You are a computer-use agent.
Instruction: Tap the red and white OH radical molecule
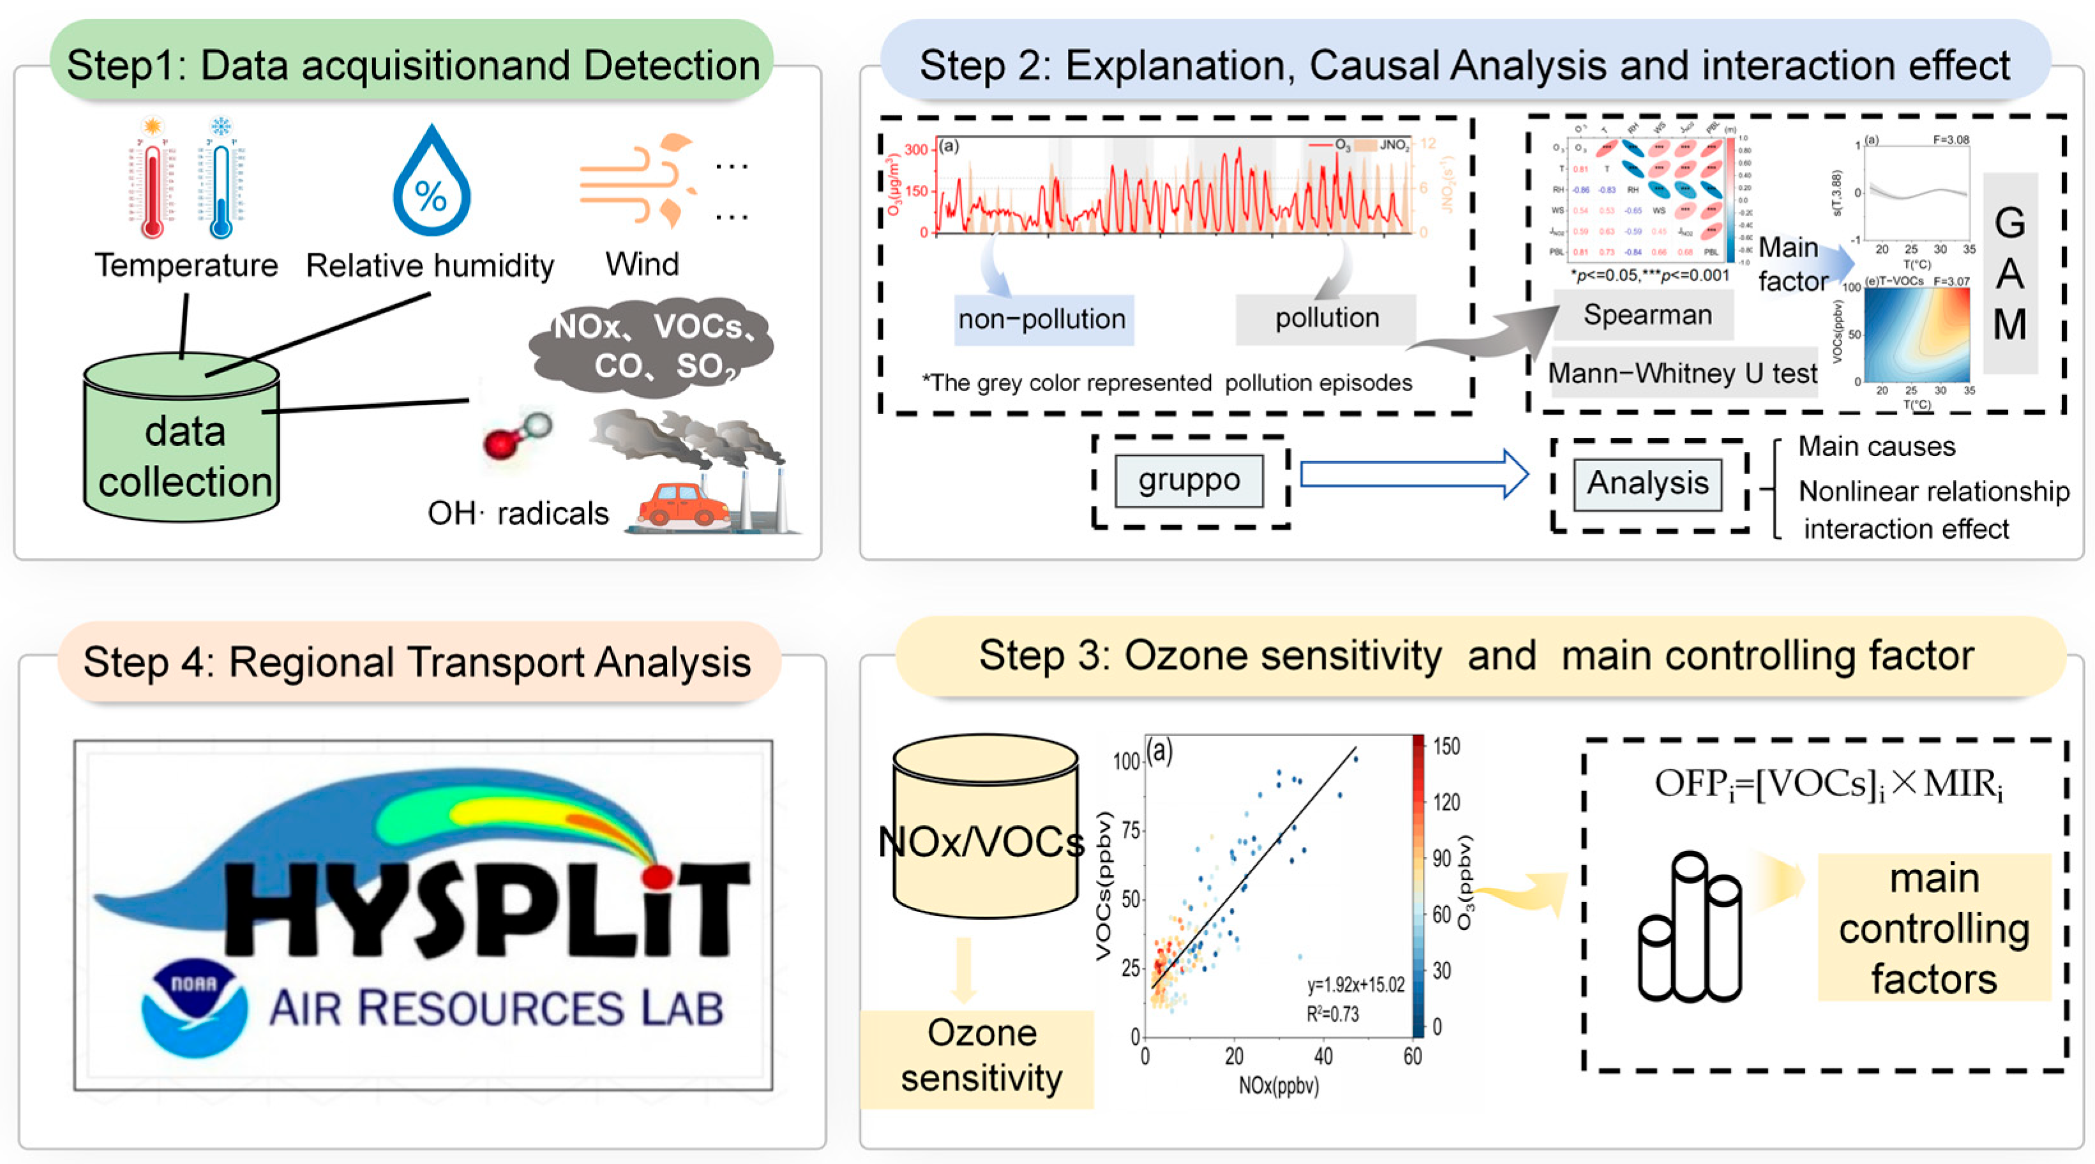(x=517, y=436)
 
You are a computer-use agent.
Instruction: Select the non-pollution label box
(x=1042, y=319)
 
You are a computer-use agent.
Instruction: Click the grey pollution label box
(x=1326, y=318)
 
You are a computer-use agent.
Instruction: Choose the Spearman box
(x=1648, y=314)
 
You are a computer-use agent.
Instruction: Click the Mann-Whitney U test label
(x=1682, y=373)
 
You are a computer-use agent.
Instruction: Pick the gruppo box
(x=1189, y=480)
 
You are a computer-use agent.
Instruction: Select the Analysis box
(x=1648, y=483)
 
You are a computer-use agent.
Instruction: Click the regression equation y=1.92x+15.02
(x=1356, y=985)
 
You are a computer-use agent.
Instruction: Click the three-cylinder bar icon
(x=1689, y=927)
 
